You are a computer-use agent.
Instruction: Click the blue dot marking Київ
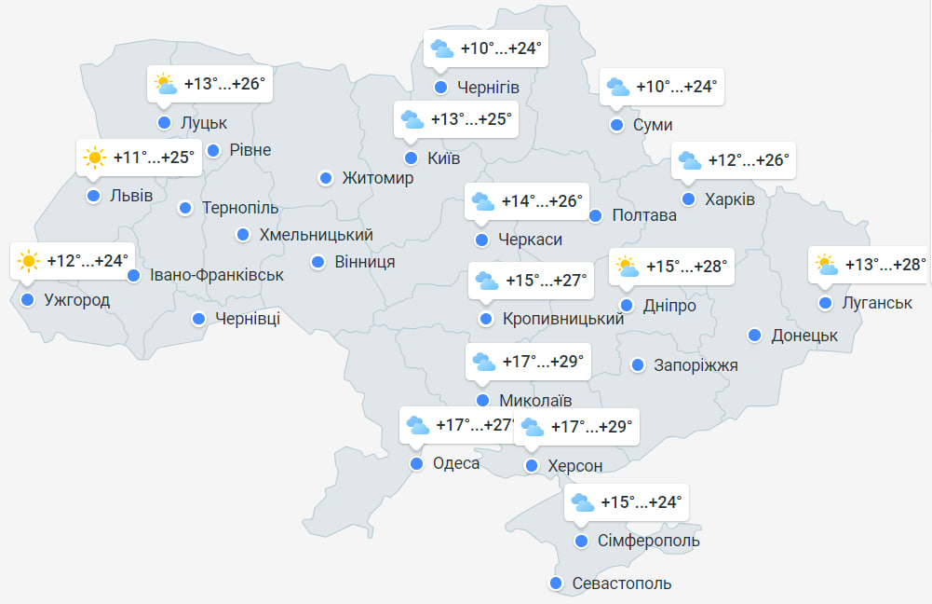(411, 158)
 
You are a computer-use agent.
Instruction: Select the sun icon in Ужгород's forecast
(28, 261)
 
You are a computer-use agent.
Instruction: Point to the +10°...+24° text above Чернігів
(501, 48)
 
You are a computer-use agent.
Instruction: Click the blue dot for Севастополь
(556, 583)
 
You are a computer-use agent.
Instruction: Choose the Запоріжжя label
(696, 365)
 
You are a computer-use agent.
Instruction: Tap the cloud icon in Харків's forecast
(689, 160)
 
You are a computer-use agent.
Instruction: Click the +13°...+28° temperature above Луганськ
(885, 265)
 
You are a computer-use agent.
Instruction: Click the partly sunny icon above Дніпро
(628, 268)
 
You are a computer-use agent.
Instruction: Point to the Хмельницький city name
(316, 235)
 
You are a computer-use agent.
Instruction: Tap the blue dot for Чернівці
(198, 320)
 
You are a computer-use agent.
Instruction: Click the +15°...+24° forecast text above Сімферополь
(642, 502)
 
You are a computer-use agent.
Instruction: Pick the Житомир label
(377, 178)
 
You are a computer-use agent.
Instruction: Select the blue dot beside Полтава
(596, 215)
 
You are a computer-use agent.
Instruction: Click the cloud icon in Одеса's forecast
(417, 426)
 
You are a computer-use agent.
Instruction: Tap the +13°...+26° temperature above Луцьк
(224, 84)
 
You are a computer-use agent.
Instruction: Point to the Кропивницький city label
(562, 320)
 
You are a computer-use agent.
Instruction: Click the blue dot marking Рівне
(213, 150)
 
